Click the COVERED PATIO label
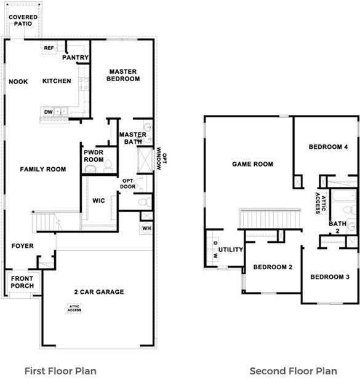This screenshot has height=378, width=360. click(x=23, y=20)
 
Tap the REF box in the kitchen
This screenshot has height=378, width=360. click(x=49, y=47)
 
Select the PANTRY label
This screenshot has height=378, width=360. click(x=76, y=58)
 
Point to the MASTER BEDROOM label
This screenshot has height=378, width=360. click(x=123, y=75)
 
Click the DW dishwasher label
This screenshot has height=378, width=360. click(x=48, y=111)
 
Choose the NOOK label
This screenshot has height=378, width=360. click(x=18, y=81)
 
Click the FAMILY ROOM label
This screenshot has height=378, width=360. click(x=42, y=169)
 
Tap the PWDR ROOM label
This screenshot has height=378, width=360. click(x=94, y=156)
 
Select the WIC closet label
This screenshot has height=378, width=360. click(x=100, y=200)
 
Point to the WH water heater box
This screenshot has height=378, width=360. click(x=146, y=228)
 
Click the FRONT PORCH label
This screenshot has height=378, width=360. click(x=23, y=282)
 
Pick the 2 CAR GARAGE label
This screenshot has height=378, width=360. click(x=100, y=292)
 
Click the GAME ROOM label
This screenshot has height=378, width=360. click(x=252, y=164)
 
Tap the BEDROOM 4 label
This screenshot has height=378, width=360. click(x=328, y=147)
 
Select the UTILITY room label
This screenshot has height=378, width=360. click(x=231, y=250)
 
